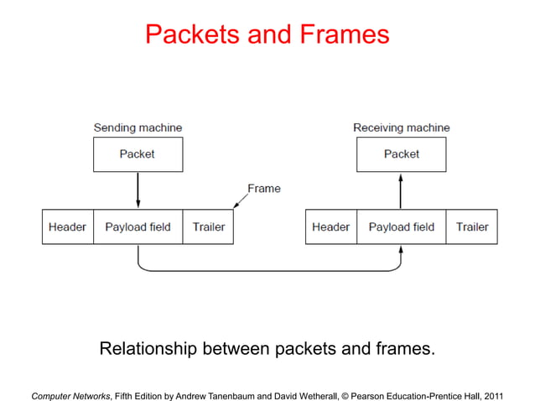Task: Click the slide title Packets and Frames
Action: [267, 34]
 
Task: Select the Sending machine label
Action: [138, 128]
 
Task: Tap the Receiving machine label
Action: [401, 128]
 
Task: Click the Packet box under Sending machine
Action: [138, 154]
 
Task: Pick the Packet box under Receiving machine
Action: [401, 154]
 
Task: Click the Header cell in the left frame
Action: [67, 227]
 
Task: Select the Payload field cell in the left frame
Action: [138, 227]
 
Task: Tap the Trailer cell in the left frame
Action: [209, 227]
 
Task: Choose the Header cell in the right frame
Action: [330, 227]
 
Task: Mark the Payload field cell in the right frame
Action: [401, 227]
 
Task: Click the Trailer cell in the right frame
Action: [472, 227]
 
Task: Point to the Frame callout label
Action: [263, 189]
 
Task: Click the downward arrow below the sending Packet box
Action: [138, 190]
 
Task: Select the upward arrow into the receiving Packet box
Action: [401, 190]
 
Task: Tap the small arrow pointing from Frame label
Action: [241, 200]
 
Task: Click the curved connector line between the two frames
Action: [268, 271]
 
